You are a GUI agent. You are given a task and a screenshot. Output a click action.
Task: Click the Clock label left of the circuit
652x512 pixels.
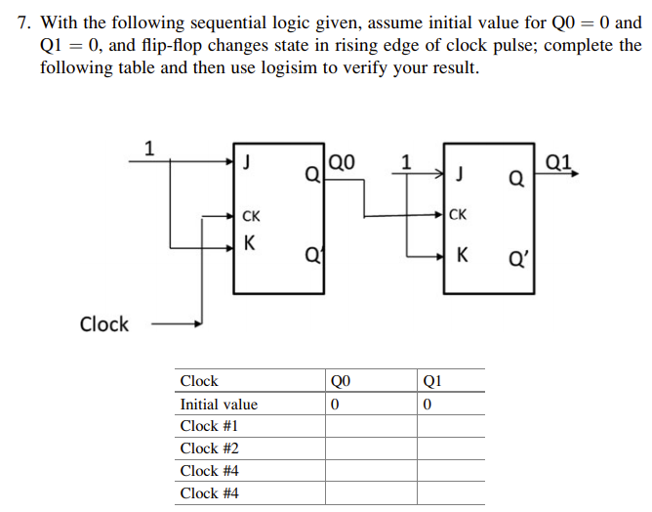click(104, 324)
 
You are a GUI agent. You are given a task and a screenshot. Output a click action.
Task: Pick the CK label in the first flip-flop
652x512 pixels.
click(251, 215)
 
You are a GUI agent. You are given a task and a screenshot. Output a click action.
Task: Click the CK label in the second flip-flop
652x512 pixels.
click(459, 214)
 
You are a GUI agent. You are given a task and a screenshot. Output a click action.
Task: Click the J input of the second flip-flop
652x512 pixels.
click(459, 176)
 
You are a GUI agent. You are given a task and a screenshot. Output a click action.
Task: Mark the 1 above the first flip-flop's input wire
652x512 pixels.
click(148, 149)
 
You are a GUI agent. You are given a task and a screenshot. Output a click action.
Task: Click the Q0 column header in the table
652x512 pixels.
click(340, 381)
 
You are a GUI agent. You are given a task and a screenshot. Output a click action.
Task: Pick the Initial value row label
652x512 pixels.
click(219, 404)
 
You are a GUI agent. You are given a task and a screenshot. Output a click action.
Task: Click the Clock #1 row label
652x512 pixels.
click(209, 426)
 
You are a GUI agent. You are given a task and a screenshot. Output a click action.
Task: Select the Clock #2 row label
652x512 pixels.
click(209, 448)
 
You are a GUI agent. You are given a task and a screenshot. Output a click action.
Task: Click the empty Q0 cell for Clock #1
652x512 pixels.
click(371, 426)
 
